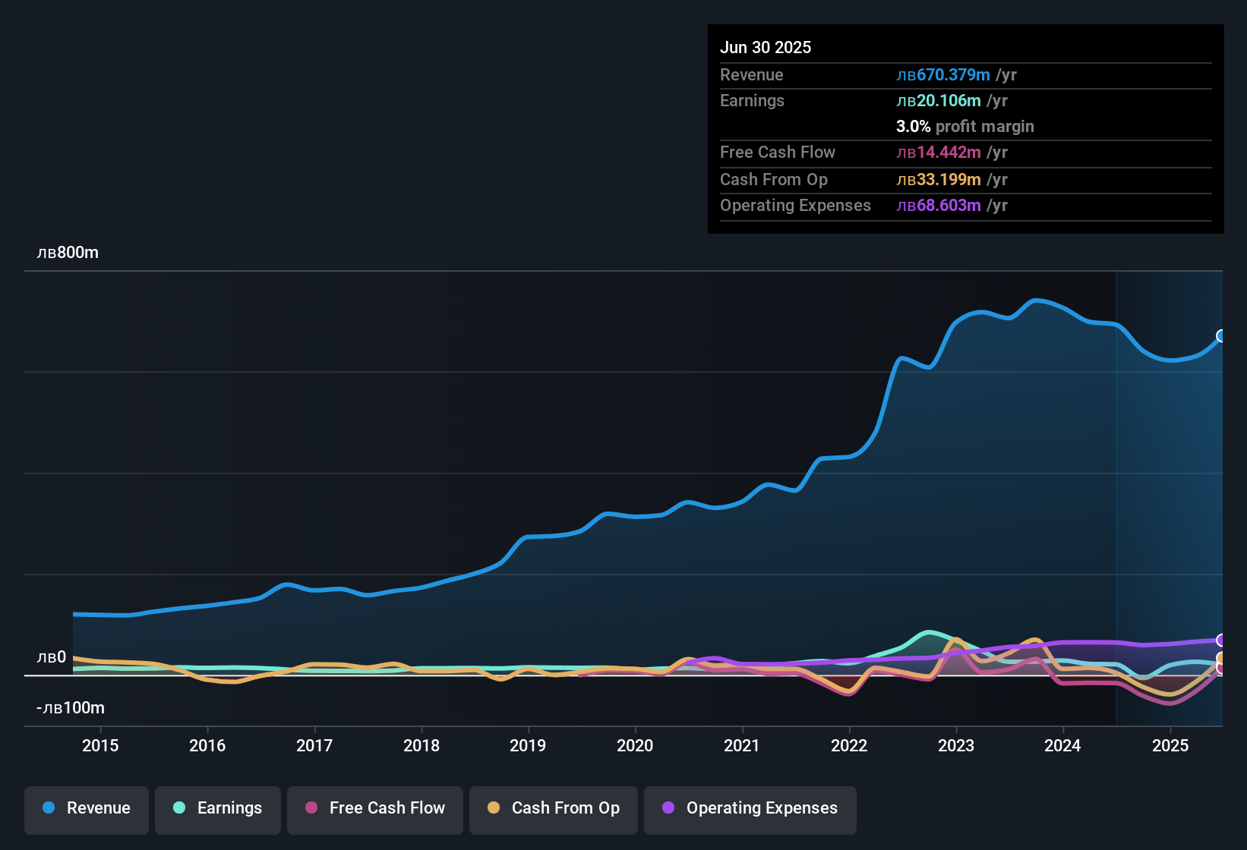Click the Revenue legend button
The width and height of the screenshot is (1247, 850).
coord(87,808)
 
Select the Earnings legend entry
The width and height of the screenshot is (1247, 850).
coord(218,808)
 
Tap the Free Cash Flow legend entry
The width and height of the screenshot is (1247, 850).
coord(375,808)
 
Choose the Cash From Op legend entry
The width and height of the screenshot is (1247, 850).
coord(554,808)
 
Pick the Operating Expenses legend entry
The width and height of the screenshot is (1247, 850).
coord(750,808)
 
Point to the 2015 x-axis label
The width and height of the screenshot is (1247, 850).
coord(100,745)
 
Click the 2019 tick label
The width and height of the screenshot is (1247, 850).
coord(528,745)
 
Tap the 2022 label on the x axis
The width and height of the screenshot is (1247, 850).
coord(849,745)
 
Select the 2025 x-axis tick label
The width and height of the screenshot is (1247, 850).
coord(1170,745)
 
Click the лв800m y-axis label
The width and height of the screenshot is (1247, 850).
coord(68,253)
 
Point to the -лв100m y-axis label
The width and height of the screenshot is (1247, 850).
coord(71,708)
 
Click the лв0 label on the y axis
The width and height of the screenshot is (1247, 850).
coord(52,657)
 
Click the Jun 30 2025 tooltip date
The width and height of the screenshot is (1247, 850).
coord(766,47)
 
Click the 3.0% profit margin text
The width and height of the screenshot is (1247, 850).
coord(965,127)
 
